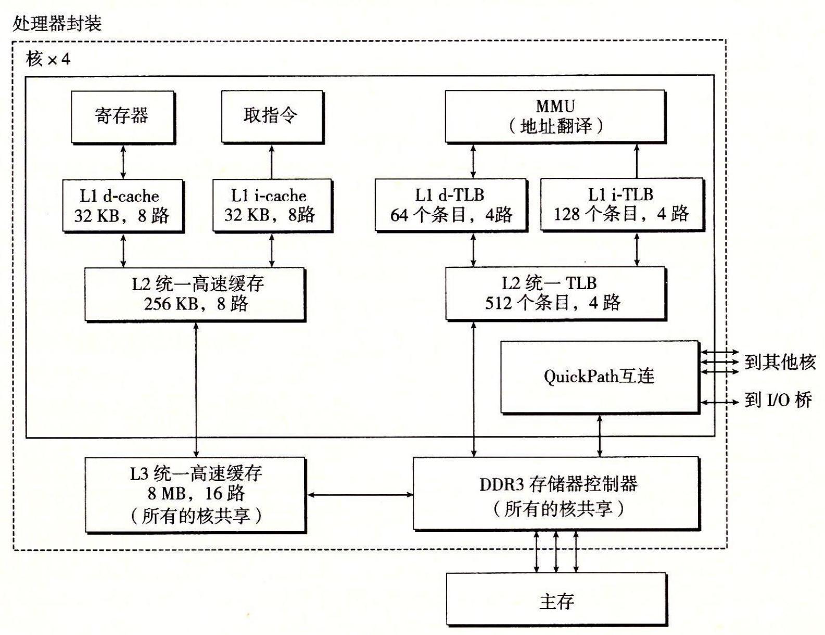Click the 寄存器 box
click(x=122, y=116)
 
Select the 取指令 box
click(x=272, y=116)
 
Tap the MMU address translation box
click(x=555, y=116)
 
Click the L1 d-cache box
click(x=122, y=205)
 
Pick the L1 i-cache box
click(x=272, y=205)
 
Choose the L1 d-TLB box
click(x=451, y=204)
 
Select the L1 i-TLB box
click(x=621, y=204)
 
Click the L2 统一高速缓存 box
click(x=195, y=294)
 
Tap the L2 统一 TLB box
click(x=555, y=293)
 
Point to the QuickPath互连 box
click(x=599, y=377)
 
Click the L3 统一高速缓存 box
click(x=195, y=494)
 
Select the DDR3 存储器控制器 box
click(x=555, y=493)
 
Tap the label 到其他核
click(x=780, y=362)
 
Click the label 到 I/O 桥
click(x=778, y=400)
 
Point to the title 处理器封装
click(x=57, y=23)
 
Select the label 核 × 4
click(x=48, y=59)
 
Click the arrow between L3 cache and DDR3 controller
click(x=360, y=495)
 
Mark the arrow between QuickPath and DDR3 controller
click(x=600, y=435)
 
